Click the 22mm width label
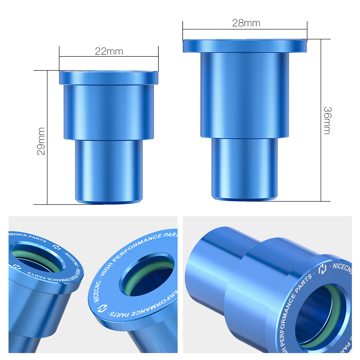(x=109, y=52)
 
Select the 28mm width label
(x=246, y=23)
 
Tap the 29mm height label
(x=41, y=141)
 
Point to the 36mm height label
(x=327, y=120)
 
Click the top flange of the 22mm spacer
(x=109, y=78)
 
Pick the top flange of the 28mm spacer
(x=245, y=46)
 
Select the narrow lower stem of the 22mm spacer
(x=109, y=171)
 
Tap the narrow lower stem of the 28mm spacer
(x=244, y=168)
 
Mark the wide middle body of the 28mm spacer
(x=244, y=94)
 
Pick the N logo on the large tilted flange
(x=103, y=309)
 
